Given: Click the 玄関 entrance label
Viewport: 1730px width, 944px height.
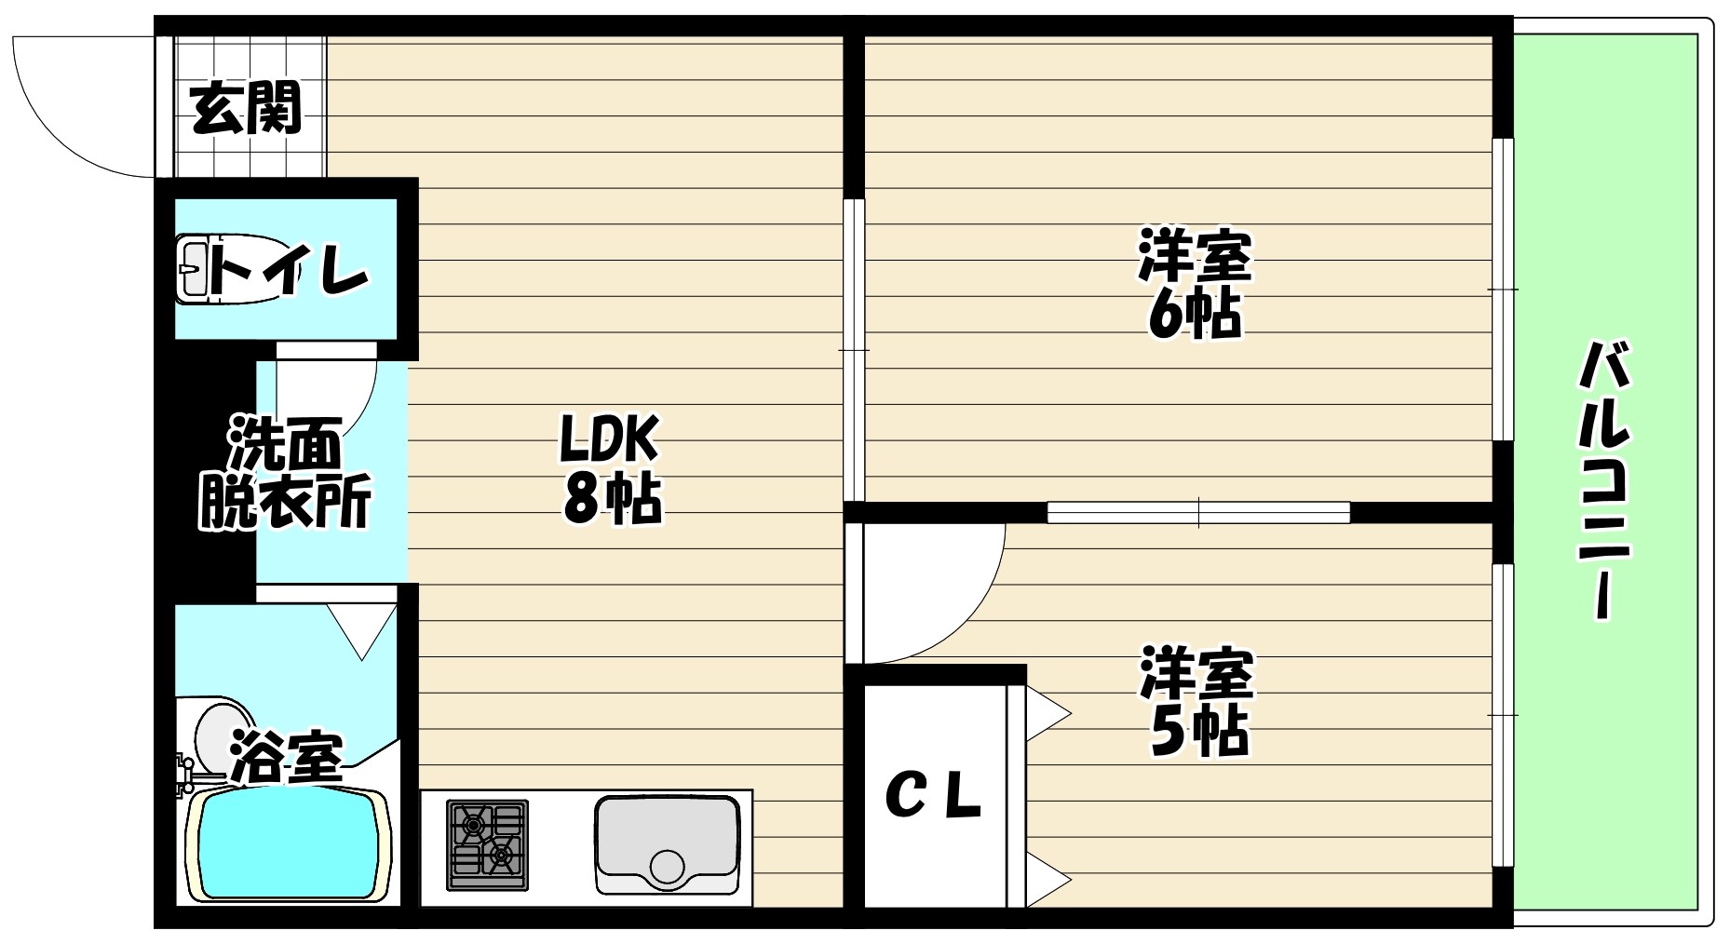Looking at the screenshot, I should click(x=246, y=109).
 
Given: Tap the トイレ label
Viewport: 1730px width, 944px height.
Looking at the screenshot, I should click(x=289, y=269).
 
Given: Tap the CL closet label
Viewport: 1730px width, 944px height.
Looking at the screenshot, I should click(x=933, y=797).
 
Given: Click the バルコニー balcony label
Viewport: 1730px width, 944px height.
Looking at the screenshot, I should click(x=1603, y=479).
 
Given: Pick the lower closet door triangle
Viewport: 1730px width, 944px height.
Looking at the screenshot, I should click(x=1047, y=878).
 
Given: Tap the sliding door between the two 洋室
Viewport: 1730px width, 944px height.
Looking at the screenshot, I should click(x=1198, y=512).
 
